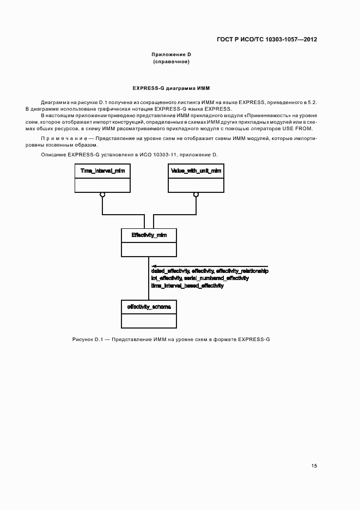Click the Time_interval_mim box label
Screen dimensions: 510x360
tap(102, 171)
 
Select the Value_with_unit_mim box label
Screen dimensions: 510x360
tap(196, 171)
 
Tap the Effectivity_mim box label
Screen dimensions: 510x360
tap(149, 235)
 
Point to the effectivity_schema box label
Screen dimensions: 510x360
tap(149, 307)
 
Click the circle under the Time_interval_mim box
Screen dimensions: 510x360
tap(102, 194)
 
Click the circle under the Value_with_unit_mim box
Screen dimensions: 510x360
tap(196, 194)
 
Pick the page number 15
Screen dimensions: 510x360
tap(314, 466)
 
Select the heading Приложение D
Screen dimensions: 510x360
tap(171, 54)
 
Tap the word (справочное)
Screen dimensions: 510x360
tap(171, 62)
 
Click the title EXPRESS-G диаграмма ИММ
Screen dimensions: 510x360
tap(171, 88)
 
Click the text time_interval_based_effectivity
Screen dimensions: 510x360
tap(187, 286)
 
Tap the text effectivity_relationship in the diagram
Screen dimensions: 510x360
tap(242, 271)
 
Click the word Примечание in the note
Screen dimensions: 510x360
tap(59, 138)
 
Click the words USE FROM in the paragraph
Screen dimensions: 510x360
tap(300, 128)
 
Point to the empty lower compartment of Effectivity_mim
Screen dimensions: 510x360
tap(149, 249)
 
